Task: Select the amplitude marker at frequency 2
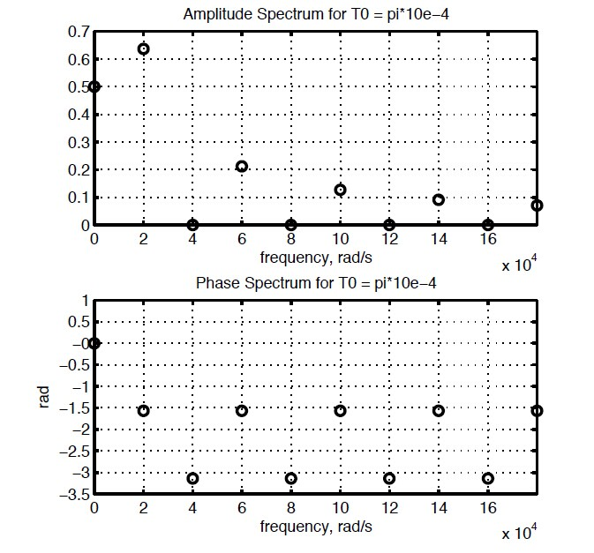coord(144,49)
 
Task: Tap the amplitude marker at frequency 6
coord(242,166)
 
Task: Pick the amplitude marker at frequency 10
coord(340,190)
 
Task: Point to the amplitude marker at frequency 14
coord(439,199)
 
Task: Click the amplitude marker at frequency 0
coord(94,86)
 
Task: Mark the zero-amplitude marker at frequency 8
coord(291,225)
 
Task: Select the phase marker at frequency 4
coord(192,478)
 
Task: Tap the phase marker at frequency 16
coord(487,478)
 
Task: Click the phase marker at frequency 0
coord(94,343)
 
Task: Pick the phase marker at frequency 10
coord(340,410)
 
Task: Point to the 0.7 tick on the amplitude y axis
coord(79,32)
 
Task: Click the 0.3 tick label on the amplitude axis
coord(79,142)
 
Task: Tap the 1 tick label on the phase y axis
coord(84,301)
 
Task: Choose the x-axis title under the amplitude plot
coord(315,258)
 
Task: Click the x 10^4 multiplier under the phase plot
coord(519,533)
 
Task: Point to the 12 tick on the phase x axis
coord(389,510)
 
